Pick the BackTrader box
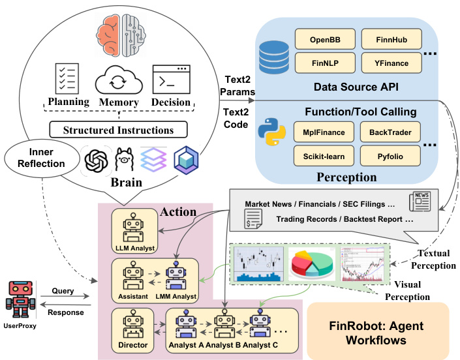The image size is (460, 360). [390, 132]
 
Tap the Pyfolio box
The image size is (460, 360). [390, 157]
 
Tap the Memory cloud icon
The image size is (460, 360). [118, 82]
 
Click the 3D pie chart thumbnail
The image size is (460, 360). [309, 262]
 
